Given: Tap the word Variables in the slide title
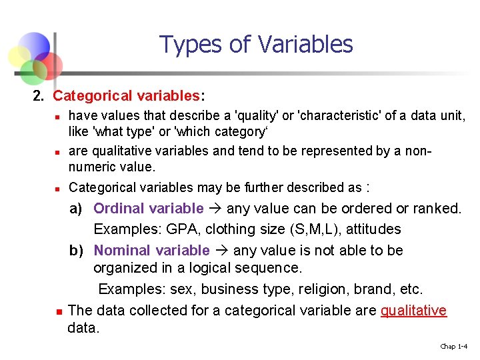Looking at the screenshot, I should (305, 45).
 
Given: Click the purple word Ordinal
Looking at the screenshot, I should (119, 209).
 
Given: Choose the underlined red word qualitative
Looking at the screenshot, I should (413, 311).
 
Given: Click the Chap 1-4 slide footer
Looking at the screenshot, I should (453, 346).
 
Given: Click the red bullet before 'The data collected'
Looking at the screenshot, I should (59, 311).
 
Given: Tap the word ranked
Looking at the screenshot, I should (437, 209).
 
